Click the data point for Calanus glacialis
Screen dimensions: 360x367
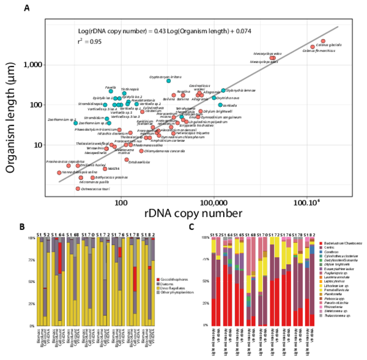click(323, 41)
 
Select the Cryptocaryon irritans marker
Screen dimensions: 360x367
click(168, 81)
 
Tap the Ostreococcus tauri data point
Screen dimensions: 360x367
click(78, 188)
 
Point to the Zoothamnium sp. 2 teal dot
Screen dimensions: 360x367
click(76, 123)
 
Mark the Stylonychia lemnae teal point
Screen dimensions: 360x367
click(223, 90)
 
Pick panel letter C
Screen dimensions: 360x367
click(192, 227)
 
